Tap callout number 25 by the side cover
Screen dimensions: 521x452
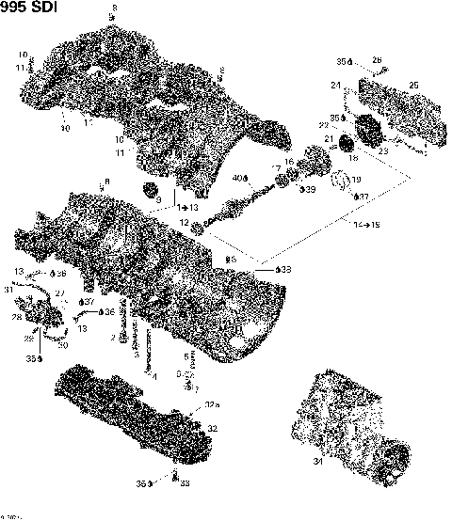pyautogui.click(x=413, y=86)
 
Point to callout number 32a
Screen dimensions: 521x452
pyautogui.click(x=213, y=406)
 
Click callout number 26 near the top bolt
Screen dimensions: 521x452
pyautogui.click(x=377, y=61)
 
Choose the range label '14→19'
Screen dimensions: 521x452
pyautogui.click(x=366, y=226)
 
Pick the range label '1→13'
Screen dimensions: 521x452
pyautogui.click(x=188, y=207)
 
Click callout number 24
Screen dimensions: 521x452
pyautogui.click(x=335, y=86)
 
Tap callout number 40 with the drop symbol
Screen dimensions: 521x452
pyautogui.click(x=237, y=176)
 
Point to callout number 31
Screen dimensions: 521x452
pyautogui.click(x=8, y=290)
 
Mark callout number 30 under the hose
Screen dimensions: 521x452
pyautogui.click(x=63, y=344)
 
